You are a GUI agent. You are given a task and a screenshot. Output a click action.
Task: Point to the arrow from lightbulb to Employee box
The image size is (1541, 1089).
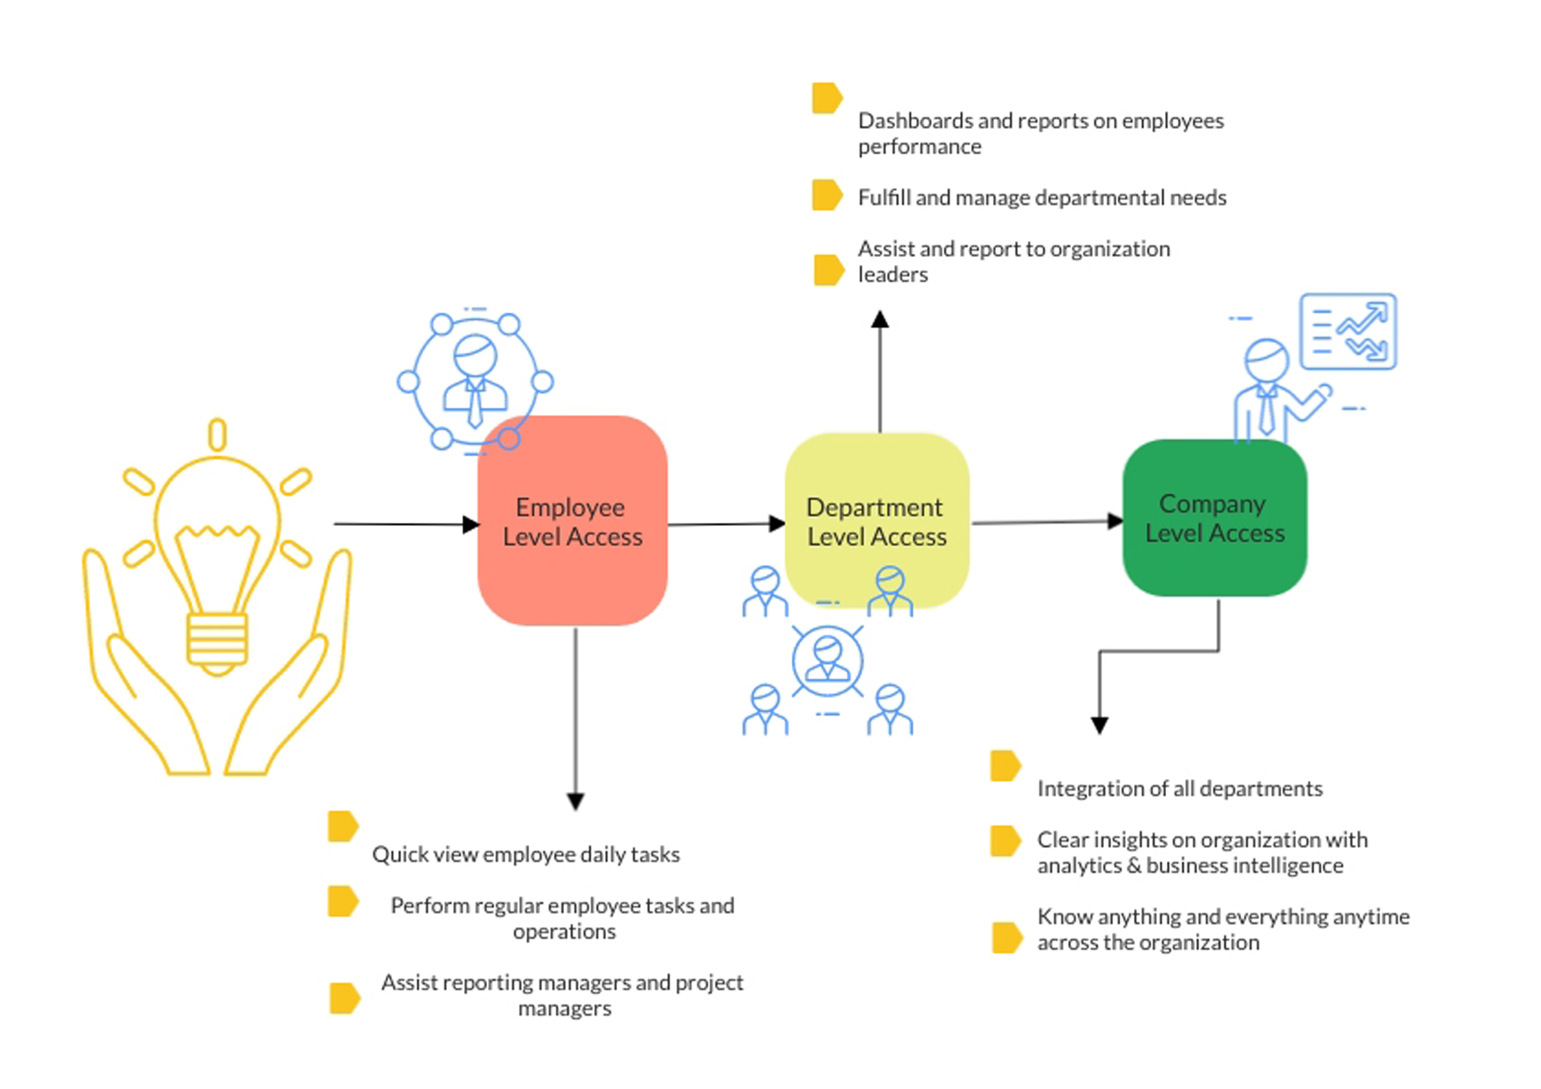(x=403, y=523)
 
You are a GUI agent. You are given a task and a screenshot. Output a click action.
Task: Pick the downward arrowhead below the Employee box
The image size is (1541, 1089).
(x=575, y=801)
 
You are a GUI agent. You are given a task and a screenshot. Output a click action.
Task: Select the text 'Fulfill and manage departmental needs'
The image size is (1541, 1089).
(x=1042, y=197)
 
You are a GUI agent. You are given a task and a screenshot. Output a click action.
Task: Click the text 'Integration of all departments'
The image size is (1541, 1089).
(x=1179, y=788)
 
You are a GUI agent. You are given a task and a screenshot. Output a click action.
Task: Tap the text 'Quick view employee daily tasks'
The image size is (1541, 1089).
(x=525, y=854)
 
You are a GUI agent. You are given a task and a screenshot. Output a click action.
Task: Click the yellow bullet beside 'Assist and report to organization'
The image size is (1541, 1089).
(x=828, y=270)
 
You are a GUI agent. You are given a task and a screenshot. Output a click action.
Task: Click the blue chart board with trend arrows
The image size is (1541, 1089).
(x=1348, y=332)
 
